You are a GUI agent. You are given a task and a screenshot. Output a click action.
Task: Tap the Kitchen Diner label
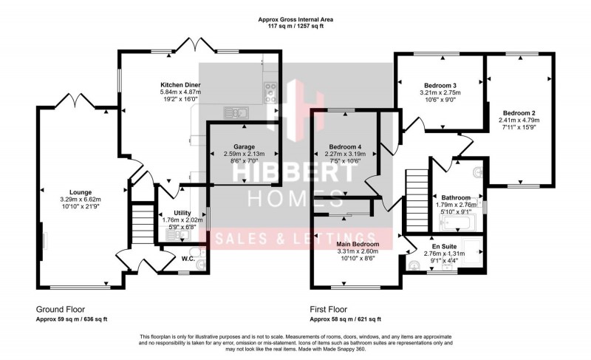181,85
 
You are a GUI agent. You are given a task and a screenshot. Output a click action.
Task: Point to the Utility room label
171,213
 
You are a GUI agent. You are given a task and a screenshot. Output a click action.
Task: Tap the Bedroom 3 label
440,85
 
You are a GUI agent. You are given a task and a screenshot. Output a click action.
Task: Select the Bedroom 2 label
517,112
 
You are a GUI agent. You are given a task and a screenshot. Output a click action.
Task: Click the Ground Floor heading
61,309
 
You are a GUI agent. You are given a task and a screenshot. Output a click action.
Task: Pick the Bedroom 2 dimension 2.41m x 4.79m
517,120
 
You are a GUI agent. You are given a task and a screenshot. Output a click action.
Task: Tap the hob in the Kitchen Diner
271,94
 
